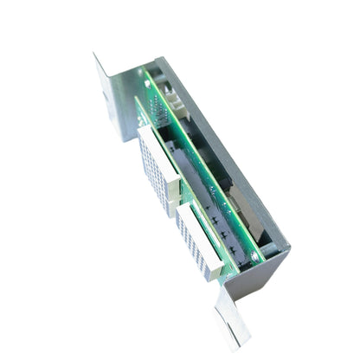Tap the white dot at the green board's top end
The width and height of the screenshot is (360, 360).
[147, 84]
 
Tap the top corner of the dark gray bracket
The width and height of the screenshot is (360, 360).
[161, 61]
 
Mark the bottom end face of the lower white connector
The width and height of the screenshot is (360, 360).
[213, 272]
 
